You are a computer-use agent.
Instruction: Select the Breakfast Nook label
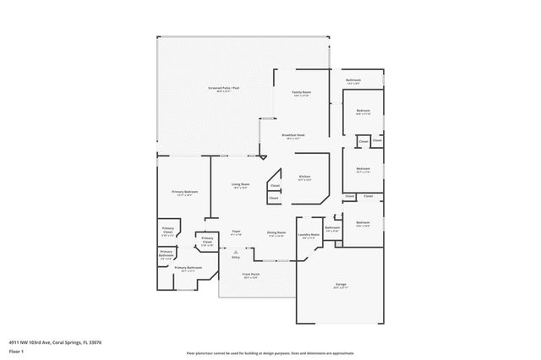pos(294,135)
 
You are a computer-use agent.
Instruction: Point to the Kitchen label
pos(304,177)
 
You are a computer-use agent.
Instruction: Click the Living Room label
pos(240,185)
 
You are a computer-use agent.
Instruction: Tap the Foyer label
pos(238,232)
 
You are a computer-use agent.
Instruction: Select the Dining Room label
pos(276,232)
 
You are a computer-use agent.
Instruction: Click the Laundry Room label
pos(310,235)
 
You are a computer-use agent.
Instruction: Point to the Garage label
pos(341,284)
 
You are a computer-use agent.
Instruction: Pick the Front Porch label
pos(250,275)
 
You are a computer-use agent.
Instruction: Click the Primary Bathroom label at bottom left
pos(188,268)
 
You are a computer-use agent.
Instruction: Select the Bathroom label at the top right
pos(353,80)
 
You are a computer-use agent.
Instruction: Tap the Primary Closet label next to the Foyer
pos(207,241)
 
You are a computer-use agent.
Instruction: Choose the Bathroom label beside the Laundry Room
pos(332,227)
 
